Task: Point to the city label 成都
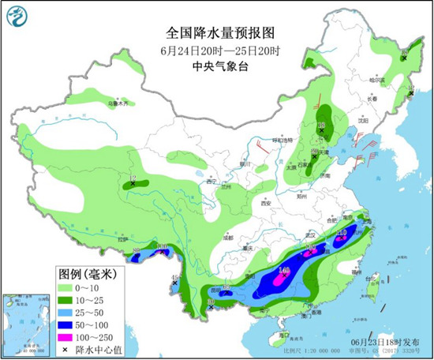[x=228, y=236]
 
